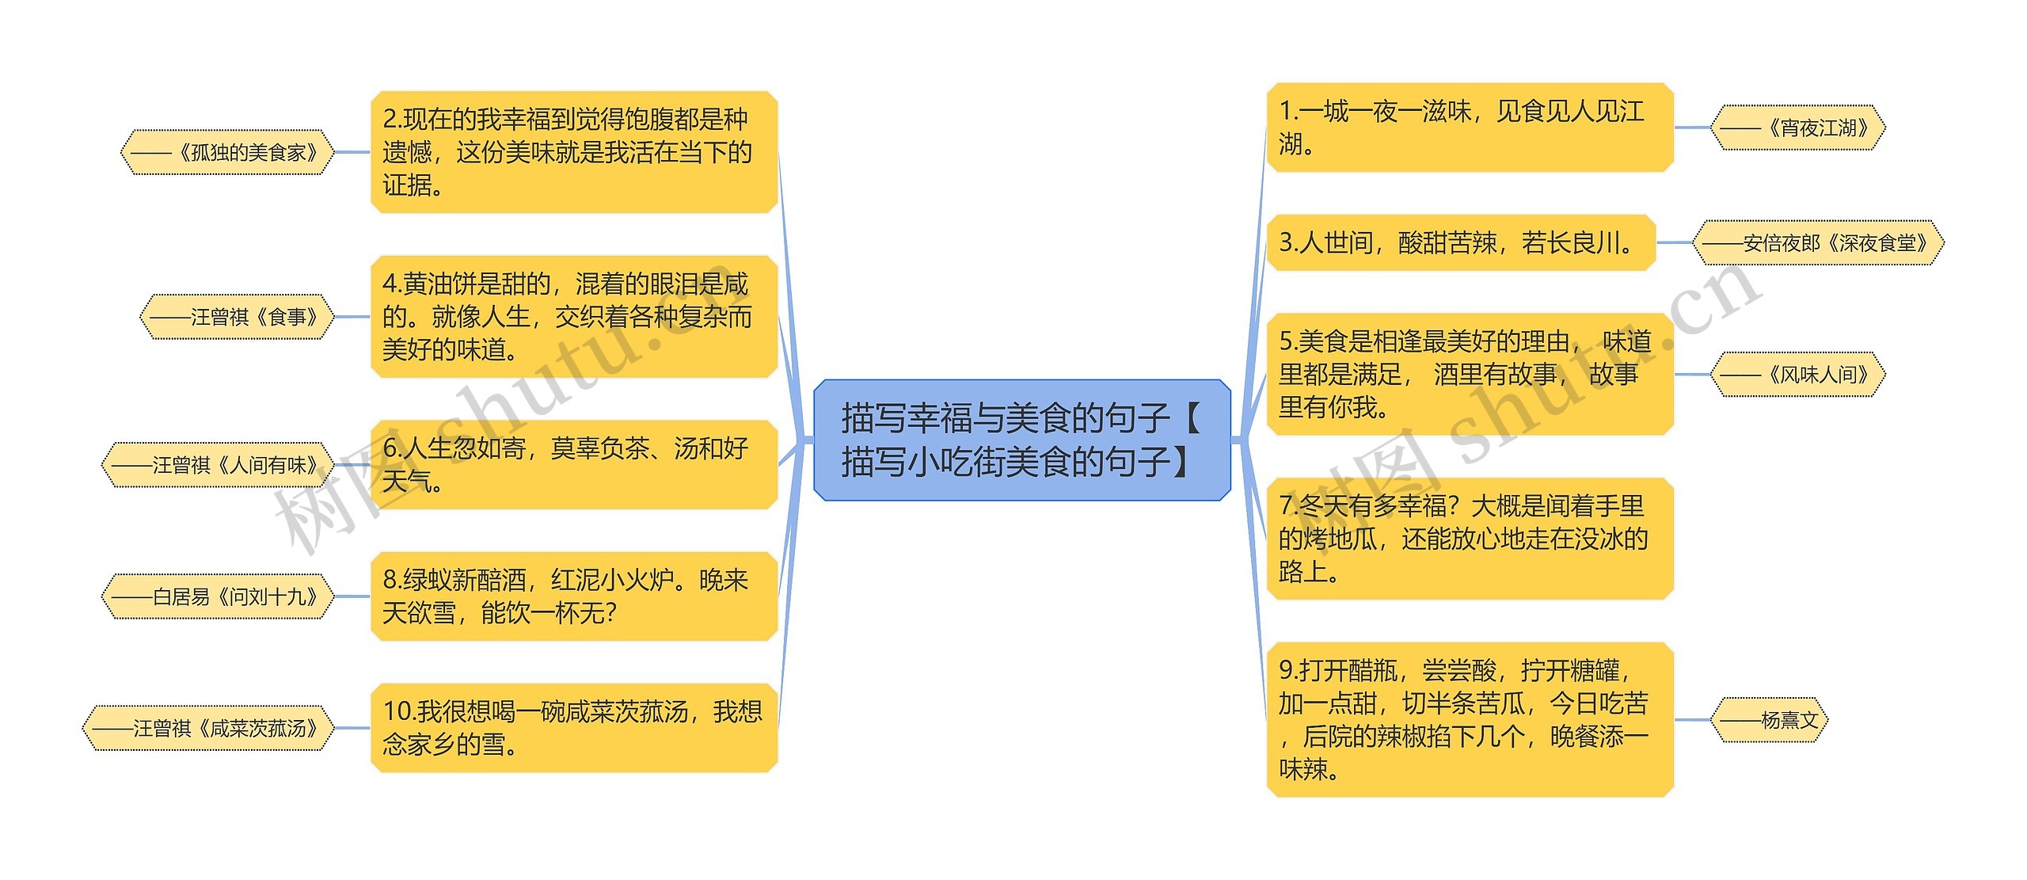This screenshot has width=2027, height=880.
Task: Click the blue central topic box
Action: point(1021,440)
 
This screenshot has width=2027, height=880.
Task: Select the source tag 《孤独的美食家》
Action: point(227,152)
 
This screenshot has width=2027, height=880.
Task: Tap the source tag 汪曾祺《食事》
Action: point(237,317)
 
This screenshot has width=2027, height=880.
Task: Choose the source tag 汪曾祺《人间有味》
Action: point(218,465)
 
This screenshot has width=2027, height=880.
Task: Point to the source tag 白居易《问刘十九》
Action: point(218,596)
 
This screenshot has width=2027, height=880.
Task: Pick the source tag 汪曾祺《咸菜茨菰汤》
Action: point(208,728)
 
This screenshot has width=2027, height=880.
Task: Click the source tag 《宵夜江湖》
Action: point(1797,127)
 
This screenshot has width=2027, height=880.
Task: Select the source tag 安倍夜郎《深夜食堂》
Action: point(1817,242)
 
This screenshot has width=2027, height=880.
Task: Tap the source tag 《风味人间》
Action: point(1797,374)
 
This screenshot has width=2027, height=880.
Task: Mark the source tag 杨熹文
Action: point(1769,720)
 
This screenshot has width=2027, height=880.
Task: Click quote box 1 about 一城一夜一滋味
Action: point(1470,127)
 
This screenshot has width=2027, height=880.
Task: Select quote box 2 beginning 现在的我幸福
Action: point(574,152)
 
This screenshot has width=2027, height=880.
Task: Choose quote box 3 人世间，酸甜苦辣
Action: point(1461,242)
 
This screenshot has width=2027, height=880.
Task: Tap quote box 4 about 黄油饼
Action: point(574,317)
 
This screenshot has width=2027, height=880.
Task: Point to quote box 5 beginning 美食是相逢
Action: point(1470,374)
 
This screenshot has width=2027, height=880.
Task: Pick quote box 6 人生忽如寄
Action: point(574,465)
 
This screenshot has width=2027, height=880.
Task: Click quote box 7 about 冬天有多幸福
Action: point(1470,539)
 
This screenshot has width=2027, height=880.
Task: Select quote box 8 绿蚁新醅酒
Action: point(574,596)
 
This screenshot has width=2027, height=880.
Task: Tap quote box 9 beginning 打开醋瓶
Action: point(1470,720)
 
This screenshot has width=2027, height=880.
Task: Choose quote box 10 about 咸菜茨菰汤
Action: point(574,728)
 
